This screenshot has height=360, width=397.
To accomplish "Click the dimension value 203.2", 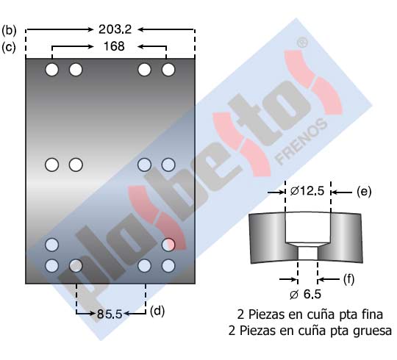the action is click(115, 29).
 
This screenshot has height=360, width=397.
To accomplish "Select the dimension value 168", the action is click(114, 46).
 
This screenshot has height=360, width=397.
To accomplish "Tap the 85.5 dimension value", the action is click(110, 314).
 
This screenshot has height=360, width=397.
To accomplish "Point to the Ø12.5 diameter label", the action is click(307, 191).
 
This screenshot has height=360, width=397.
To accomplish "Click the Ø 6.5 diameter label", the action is click(305, 294).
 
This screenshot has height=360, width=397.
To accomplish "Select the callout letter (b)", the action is click(9, 30).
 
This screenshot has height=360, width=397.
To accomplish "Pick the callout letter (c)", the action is click(9, 47).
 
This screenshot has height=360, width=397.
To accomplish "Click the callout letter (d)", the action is click(157, 311).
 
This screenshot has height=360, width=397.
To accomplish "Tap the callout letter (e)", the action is click(364, 192).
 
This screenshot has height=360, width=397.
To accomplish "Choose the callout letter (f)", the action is click(348, 279).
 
